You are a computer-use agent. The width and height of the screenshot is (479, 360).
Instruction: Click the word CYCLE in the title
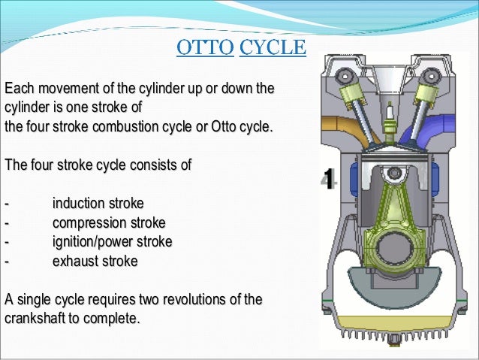click(273, 49)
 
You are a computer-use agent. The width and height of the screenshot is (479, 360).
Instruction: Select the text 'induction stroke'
click(98, 204)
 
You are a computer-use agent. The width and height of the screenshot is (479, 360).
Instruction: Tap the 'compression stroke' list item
click(109, 223)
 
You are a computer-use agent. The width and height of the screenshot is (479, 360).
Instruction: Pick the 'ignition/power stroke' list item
click(112, 242)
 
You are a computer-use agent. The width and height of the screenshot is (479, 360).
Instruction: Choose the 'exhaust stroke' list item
click(95, 262)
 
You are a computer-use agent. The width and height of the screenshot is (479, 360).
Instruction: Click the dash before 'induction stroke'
click(7, 204)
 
